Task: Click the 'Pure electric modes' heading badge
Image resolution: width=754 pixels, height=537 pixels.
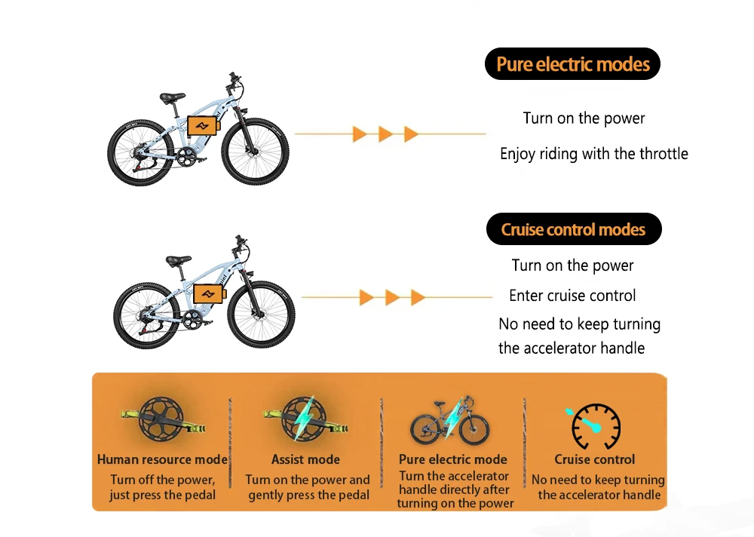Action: point(572,64)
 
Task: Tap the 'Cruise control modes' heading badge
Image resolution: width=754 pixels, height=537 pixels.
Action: point(573,229)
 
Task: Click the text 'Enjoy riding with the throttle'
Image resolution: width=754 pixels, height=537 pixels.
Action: point(594,154)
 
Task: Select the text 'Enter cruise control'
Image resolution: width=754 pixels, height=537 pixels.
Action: point(572,296)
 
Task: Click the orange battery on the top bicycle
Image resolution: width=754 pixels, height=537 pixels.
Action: point(202,125)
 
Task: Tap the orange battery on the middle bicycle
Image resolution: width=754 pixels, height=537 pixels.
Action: point(209,294)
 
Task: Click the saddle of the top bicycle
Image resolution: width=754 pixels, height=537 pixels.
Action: point(172,97)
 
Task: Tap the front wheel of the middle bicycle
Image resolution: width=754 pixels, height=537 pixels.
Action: point(261,314)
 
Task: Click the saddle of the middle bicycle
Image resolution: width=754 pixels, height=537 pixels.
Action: point(178,260)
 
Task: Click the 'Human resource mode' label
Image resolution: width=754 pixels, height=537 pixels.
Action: point(162,459)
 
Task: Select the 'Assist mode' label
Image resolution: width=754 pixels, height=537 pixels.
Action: point(305,459)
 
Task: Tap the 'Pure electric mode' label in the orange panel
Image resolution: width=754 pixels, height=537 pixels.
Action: point(452,459)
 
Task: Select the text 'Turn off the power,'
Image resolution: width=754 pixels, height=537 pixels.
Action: point(162,480)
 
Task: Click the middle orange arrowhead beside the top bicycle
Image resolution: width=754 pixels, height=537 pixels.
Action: point(385,134)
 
